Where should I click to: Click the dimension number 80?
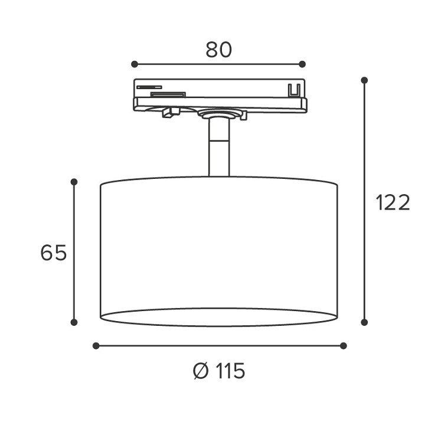(x=218, y=50)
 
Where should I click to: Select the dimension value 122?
(x=393, y=202)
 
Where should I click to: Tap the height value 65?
(x=54, y=253)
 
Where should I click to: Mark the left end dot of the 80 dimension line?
(x=135, y=64)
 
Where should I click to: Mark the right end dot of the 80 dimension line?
(x=302, y=64)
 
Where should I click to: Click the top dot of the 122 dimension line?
(x=364, y=80)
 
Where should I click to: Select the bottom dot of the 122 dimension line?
(x=364, y=322)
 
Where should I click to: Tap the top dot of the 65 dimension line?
(x=74, y=181)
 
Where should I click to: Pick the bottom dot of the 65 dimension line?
(x=74, y=322)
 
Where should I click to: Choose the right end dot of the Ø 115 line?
(x=344, y=346)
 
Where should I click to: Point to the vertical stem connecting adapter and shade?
(x=219, y=148)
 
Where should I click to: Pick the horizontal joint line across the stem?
(x=219, y=140)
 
